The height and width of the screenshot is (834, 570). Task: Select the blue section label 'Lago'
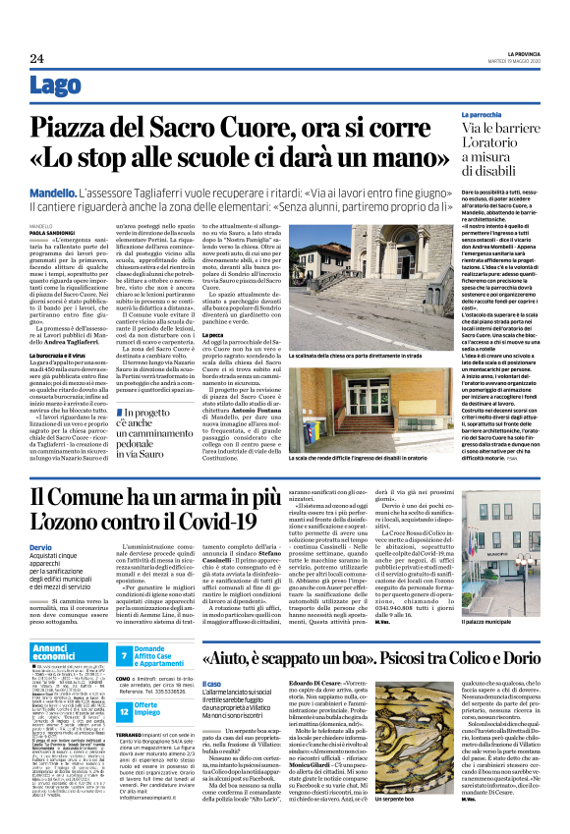tap(54, 89)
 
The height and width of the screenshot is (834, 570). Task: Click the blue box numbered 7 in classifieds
tap(125, 654)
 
